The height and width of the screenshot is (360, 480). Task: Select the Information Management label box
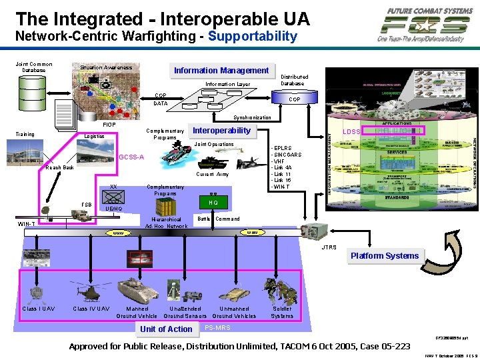click(221, 71)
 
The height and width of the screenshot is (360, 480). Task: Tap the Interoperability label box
click(221, 131)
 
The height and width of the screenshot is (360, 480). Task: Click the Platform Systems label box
click(385, 256)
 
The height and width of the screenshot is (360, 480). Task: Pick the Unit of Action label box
click(166, 329)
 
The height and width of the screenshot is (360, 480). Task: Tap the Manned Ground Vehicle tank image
click(137, 290)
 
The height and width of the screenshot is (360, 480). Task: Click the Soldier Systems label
click(282, 311)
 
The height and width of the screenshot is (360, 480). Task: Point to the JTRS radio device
click(327, 229)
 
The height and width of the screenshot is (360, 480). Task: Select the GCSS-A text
click(131, 157)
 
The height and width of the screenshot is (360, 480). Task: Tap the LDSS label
click(351, 132)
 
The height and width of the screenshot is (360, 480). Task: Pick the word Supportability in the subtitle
click(252, 36)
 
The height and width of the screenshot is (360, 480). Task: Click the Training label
click(25, 134)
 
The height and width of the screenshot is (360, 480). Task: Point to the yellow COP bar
click(293, 99)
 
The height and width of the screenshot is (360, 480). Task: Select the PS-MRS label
click(217, 327)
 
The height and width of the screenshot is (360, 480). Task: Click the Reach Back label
click(59, 168)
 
